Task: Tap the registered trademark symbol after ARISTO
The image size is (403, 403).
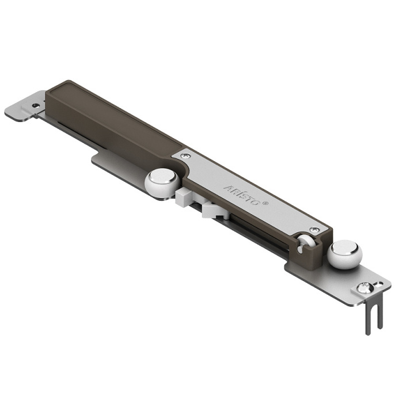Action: pos(265,203)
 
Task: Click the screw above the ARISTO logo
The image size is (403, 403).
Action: pos(185,155)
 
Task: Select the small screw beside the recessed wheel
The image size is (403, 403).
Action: pos(314,229)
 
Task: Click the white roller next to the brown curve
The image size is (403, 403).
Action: pos(162,183)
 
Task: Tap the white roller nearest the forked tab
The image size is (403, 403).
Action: pos(344,254)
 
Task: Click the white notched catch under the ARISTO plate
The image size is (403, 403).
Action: pos(215,211)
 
